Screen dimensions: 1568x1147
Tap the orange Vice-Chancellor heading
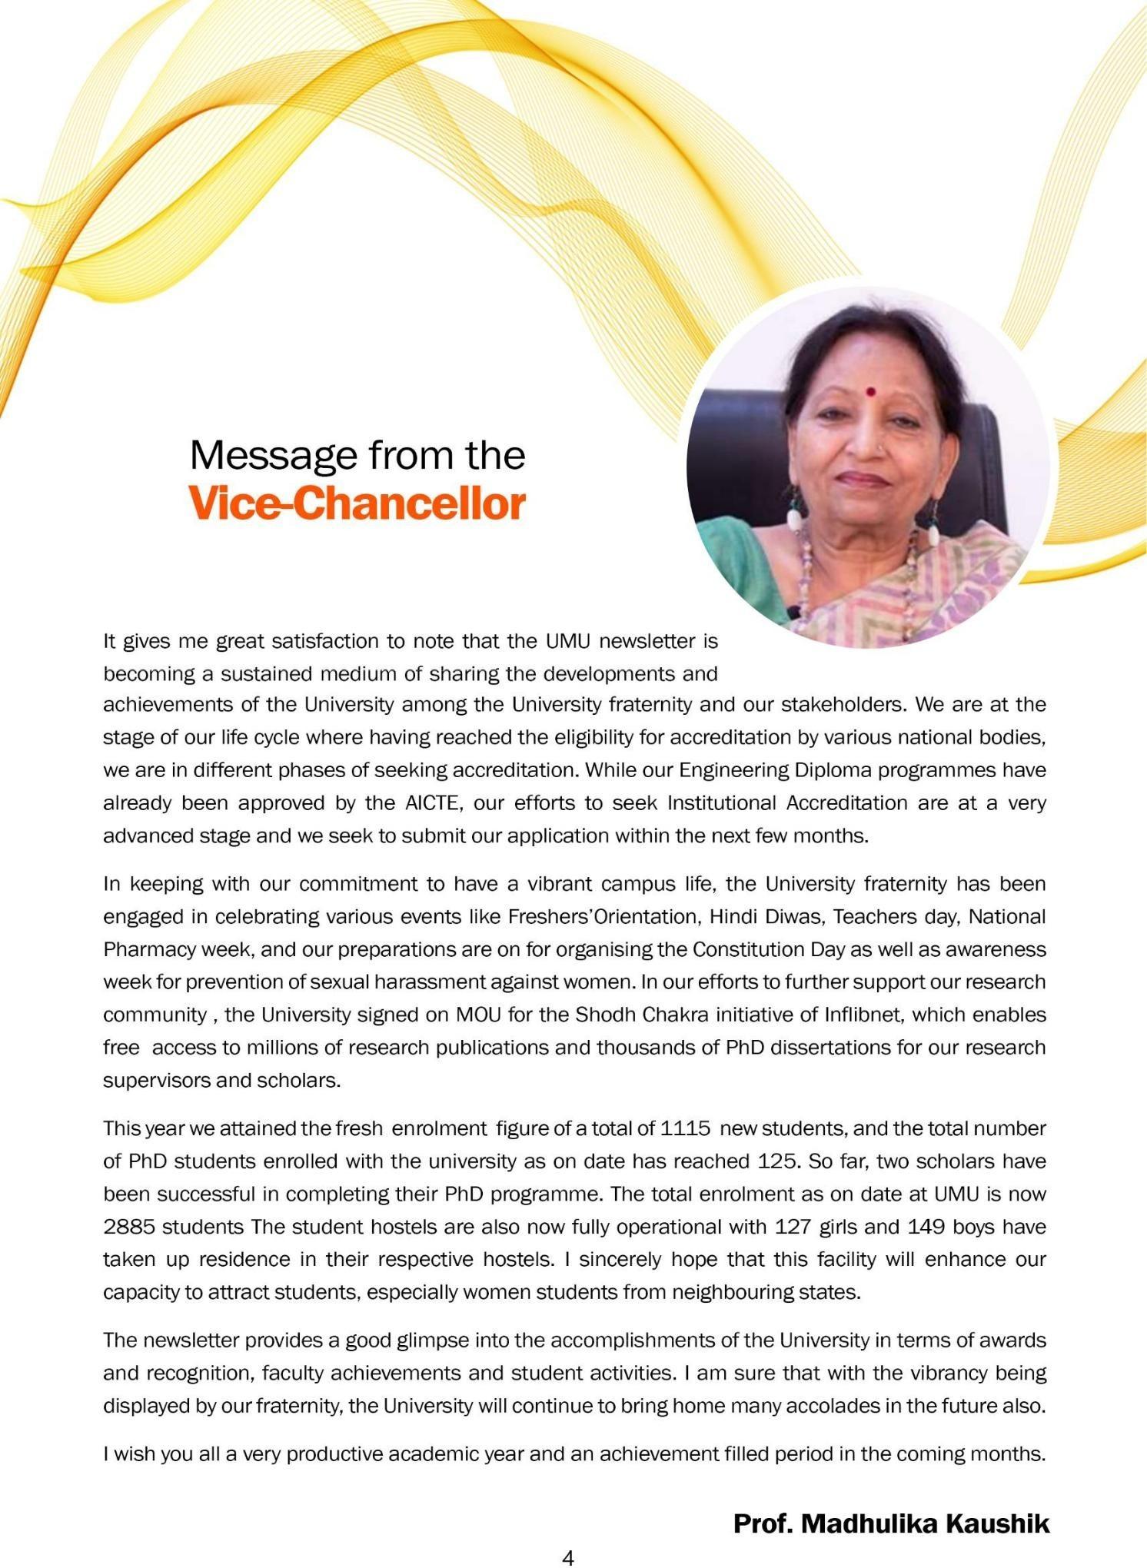(x=357, y=504)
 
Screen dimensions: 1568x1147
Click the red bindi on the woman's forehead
(x=870, y=391)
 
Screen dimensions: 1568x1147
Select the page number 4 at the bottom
(x=568, y=1557)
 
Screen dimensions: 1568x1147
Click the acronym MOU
(x=479, y=1015)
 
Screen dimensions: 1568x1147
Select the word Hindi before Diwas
(x=733, y=917)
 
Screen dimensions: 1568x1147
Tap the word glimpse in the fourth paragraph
(x=433, y=1340)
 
